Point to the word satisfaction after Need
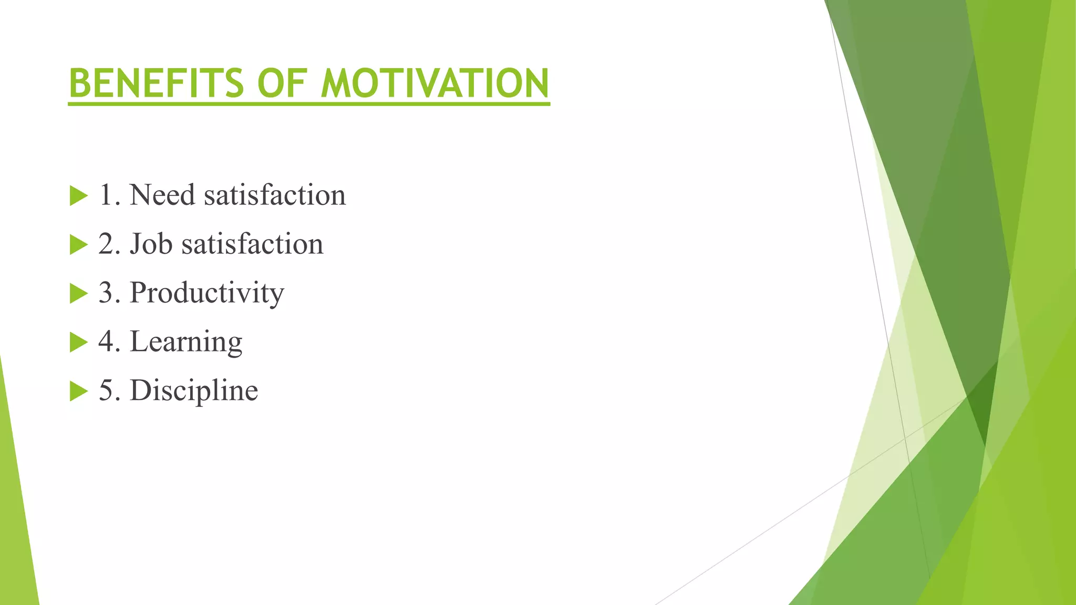pyautogui.click(x=275, y=195)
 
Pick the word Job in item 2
pyautogui.click(x=151, y=244)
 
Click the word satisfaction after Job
pyautogui.click(x=252, y=244)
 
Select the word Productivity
pyautogui.click(x=207, y=293)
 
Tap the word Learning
pyautogui.click(x=186, y=342)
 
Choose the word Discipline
pyautogui.click(x=194, y=390)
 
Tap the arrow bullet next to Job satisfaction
pyautogui.click(x=78, y=245)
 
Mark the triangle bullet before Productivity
pyautogui.click(x=78, y=294)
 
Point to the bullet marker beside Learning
pyautogui.click(x=78, y=342)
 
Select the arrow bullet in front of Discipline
pyautogui.click(x=78, y=391)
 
